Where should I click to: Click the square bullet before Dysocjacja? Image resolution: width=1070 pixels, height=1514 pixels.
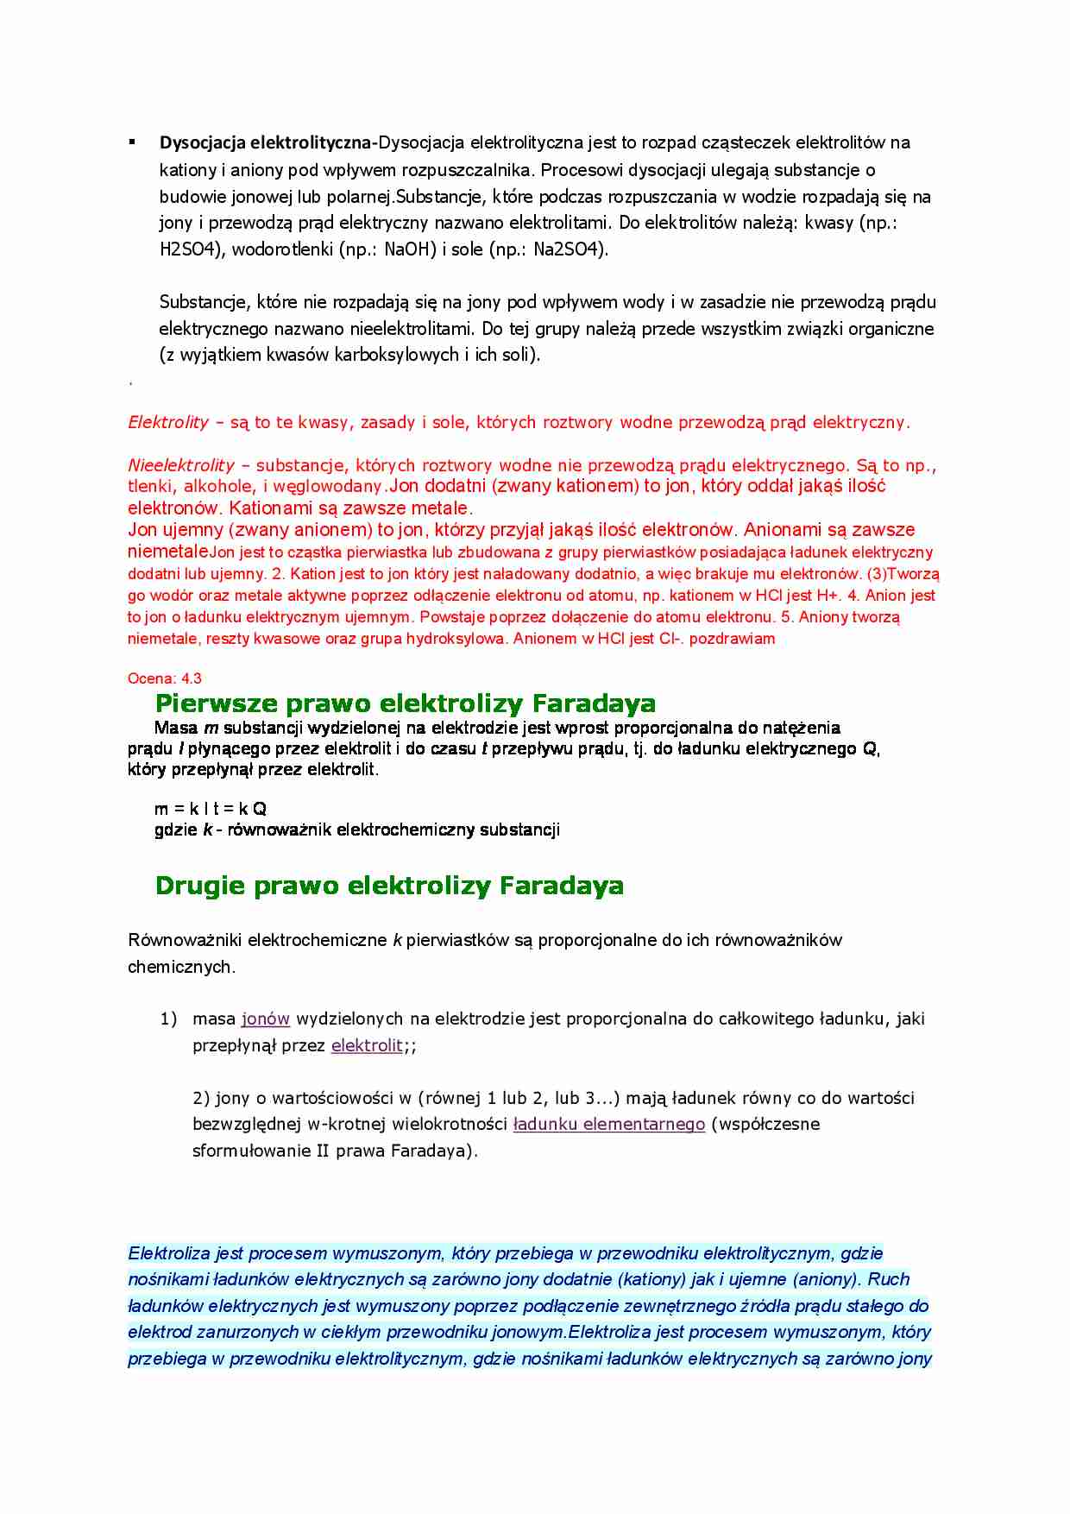click(132, 141)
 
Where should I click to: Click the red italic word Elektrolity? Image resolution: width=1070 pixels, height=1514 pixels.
click(168, 422)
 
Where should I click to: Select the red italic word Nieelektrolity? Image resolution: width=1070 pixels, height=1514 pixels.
click(180, 465)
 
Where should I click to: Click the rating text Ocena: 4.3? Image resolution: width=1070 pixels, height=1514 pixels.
click(164, 678)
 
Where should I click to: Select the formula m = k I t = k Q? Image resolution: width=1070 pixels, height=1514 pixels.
click(210, 809)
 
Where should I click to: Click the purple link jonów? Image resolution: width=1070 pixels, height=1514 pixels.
click(265, 1019)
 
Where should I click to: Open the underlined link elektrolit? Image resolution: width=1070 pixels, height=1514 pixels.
click(367, 1045)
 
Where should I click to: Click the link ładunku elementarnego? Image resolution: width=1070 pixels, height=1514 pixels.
click(608, 1124)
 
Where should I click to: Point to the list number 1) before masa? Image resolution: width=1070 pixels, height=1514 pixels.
click(168, 1019)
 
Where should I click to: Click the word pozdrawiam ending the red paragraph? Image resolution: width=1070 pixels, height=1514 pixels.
click(732, 639)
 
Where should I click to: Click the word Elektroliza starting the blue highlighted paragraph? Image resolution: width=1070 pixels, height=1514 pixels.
click(169, 1253)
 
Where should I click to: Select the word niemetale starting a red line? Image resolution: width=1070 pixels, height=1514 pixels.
click(167, 552)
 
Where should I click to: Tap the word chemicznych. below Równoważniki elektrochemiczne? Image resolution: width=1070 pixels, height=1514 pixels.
click(181, 967)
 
